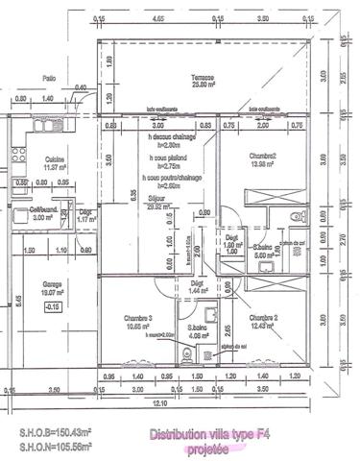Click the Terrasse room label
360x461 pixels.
[202, 78]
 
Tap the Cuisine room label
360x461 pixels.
[54, 158]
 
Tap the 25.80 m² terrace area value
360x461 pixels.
[202, 85]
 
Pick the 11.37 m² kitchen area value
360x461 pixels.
[54, 167]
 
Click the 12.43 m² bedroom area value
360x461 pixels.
[262, 326]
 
